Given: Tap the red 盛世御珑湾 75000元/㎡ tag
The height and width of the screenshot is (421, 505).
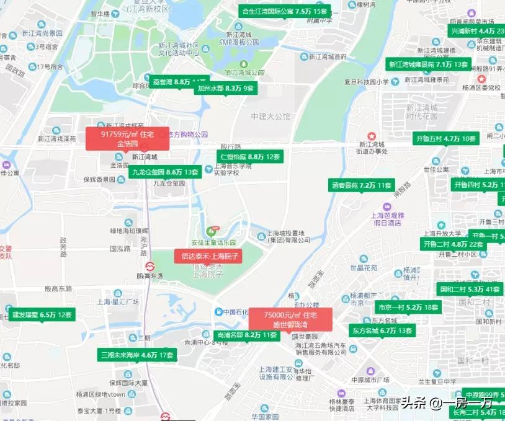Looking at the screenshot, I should click(290, 319).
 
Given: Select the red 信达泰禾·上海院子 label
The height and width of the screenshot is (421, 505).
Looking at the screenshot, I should click(207, 255).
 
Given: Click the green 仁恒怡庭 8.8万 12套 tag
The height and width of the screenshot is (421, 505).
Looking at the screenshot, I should click(248, 157).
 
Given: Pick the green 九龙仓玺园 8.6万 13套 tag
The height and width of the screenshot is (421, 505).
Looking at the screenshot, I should click(165, 172).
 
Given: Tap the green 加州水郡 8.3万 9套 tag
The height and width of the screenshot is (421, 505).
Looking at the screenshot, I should click(225, 88).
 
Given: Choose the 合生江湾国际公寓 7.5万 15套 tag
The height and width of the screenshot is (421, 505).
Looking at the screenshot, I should click(284, 11).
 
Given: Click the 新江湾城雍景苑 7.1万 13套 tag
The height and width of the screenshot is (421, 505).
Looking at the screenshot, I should click(429, 64).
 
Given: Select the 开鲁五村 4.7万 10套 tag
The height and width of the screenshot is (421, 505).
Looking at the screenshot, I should click(446, 138).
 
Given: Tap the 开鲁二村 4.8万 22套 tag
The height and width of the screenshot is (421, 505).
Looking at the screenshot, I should click(454, 244).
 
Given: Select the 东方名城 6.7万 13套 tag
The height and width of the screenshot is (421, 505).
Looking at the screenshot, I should click(382, 330).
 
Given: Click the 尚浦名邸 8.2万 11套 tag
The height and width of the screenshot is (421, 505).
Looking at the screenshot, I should click(247, 335).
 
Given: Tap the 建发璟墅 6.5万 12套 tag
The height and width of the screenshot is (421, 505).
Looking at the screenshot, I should click(43, 314).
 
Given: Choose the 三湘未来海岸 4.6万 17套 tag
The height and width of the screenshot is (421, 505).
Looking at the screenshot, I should click(138, 355).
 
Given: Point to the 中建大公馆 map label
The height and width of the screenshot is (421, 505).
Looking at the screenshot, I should click(270, 116).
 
